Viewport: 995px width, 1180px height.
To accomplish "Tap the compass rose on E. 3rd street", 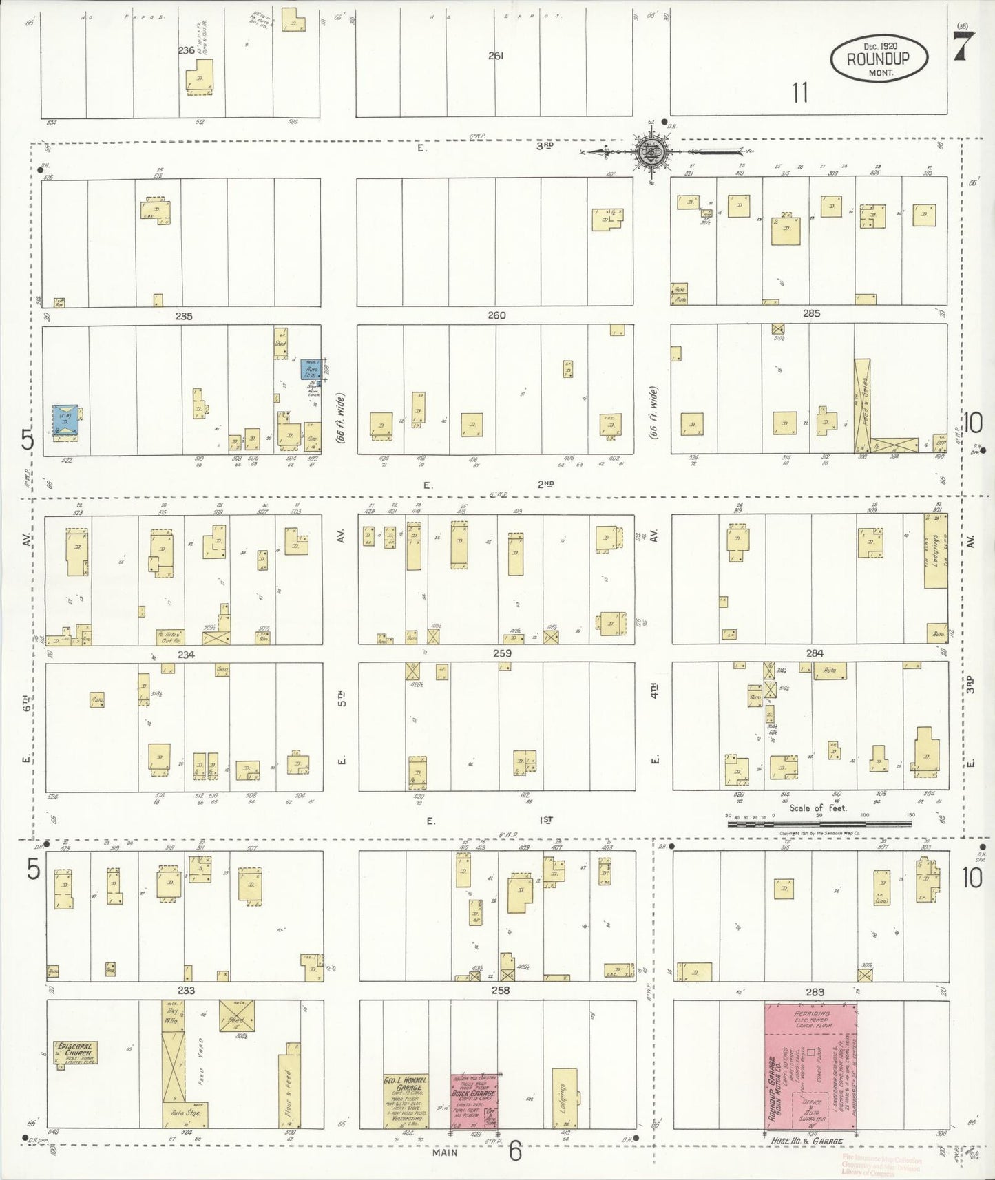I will pyautogui.click(x=650, y=152).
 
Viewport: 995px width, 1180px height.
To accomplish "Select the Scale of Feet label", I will pyautogui.click(x=818, y=808).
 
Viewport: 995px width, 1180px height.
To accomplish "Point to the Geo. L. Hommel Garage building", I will pyautogui.click(x=405, y=1102).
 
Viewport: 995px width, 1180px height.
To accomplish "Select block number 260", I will pyautogui.click(x=496, y=315).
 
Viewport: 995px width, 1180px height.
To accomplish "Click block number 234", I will pyautogui.click(x=186, y=654).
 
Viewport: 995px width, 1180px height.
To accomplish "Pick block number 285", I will pyautogui.click(x=811, y=313).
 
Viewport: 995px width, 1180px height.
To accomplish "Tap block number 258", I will pyautogui.click(x=501, y=990).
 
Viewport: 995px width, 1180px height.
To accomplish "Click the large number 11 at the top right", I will pyautogui.click(x=799, y=92).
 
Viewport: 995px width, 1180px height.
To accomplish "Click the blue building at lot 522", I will pyautogui.click(x=66, y=423).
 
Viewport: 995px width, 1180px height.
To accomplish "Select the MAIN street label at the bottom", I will pyautogui.click(x=445, y=1152).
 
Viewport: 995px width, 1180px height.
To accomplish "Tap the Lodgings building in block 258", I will pyautogui.click(x=564, y=1098).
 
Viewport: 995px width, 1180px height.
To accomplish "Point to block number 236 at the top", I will pyautogui.click(x=186, y=50).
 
